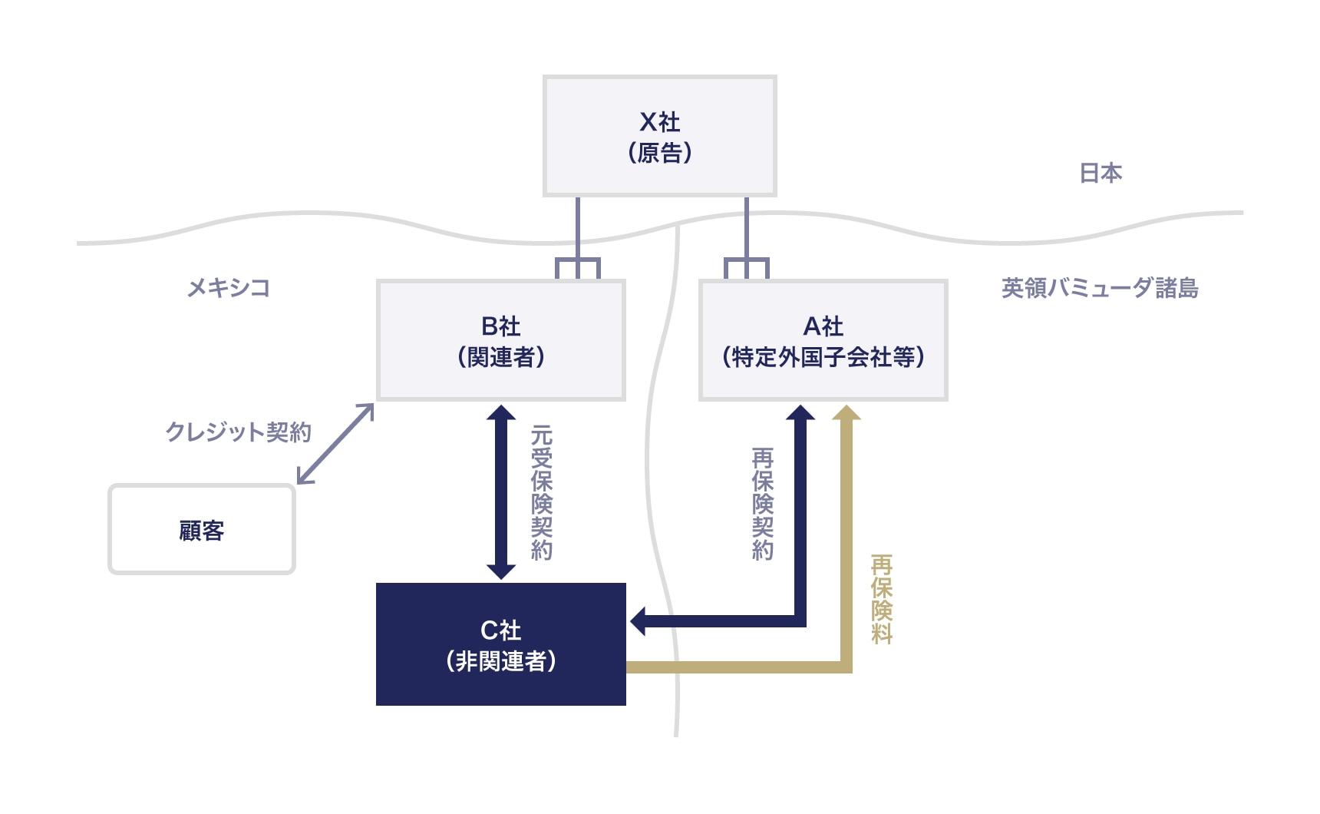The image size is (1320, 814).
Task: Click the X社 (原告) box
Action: pyautogui.click(x=659, y=136)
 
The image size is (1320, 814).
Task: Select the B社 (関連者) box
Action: pyautogui.click(x=501, y=340)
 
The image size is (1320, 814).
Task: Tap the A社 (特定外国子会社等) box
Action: pyautogui.click(x=823, y=340)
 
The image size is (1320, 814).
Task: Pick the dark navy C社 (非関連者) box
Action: pyautogui.click(x=501, y=644)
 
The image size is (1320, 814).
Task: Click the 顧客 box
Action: pyautogui.click(x=202, y=530)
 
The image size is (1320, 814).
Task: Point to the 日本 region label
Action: pyautogui.click(x=1101, y=174)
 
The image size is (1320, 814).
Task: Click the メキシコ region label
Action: pyautogui.click(x=229, y=288)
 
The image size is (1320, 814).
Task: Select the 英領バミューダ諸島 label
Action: pyautogui.click(x=1099, y=288)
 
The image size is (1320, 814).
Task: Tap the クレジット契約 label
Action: pyautogui.click(x=238, y=432)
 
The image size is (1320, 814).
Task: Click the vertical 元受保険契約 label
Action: pyautogui.click(x=542, y=492)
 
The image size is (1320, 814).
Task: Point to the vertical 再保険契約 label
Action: pyautogui.click(x=763, y=504)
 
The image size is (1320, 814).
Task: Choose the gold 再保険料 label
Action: pyautogui.click(x=882, y=599)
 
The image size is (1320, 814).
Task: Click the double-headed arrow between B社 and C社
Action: pyautogui.click(x=501, y=492)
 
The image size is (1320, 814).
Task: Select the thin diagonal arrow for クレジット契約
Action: pyautogui.click(x=335, y=444)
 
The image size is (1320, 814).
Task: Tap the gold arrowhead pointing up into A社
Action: pyautogui.click(x=846, y=414)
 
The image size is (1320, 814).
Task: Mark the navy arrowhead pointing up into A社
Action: pyautogui.click(x=800, y=414)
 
